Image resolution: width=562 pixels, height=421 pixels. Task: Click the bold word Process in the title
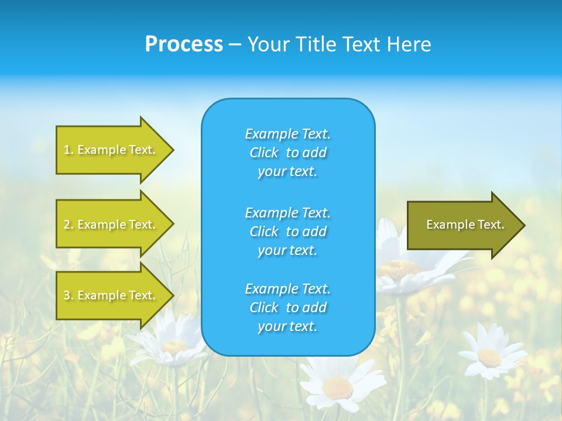[184, 44]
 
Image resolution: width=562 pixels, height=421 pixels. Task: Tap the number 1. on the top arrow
[68, 150]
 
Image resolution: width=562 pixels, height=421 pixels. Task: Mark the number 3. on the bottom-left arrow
[68, 295]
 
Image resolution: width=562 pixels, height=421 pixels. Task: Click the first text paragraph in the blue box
[287, 153]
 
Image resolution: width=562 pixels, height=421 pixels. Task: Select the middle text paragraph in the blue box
[287, 232]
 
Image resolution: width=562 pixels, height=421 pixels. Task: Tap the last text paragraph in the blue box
[287, 308]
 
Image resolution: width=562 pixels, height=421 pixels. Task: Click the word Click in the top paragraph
[264, 153]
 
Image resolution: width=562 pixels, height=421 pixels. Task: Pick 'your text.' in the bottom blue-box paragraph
[287, 326]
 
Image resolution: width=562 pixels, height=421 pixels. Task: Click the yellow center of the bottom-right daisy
[489, 357]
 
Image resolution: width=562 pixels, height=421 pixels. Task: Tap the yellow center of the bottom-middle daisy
[338, 387]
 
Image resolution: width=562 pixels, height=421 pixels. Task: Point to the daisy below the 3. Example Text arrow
[174, 346]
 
